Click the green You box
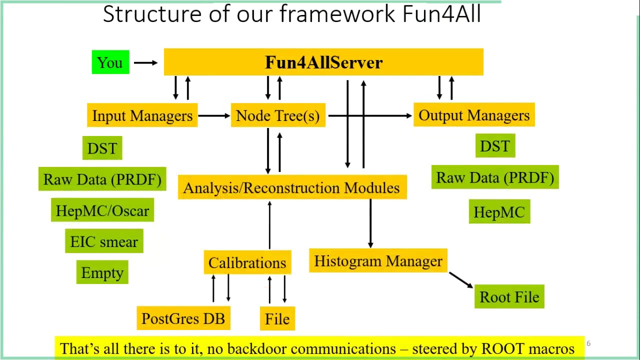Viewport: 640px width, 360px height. (110, 62)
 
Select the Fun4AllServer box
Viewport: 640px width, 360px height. (323, 62)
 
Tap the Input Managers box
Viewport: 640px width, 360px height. (142, 115)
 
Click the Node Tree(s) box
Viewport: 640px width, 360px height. (278, 115)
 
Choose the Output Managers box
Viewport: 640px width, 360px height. (474, 115)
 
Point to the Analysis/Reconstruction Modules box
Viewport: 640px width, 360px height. (292, 187)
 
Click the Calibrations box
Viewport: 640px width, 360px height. (247, 262)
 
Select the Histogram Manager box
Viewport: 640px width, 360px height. (378, 261)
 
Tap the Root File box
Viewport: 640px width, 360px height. (509, 296)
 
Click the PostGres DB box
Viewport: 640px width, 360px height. (183, 318)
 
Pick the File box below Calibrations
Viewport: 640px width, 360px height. (277, 318)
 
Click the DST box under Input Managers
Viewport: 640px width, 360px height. (102, 148)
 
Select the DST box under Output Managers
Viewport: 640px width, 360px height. (495, 146)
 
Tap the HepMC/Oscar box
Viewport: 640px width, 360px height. (102, 210)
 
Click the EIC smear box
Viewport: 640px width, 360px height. (104, 241)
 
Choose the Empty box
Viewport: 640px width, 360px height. (102, 272)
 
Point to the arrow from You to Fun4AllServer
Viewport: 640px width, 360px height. (145, 62)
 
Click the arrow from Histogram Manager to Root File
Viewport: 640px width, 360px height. (460, 279)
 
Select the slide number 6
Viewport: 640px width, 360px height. (588, 343)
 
